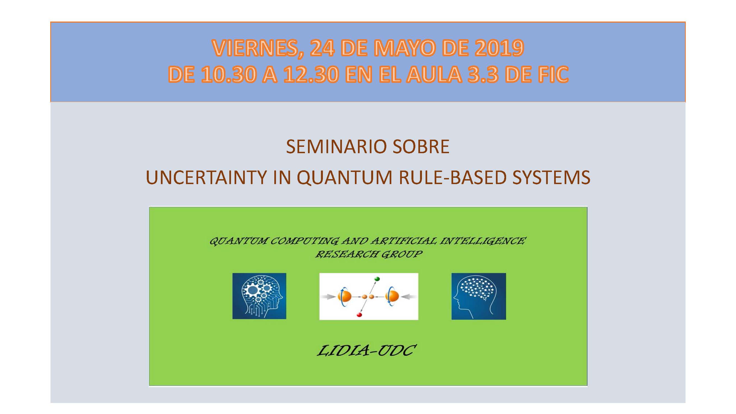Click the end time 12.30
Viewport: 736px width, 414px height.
tap(311, 75)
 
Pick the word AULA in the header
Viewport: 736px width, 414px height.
tap(434, 75)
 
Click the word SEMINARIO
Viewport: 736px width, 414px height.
tap(336, 147)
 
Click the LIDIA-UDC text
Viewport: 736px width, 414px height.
tap(366, 351)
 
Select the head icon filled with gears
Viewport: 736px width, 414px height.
tap(259, 296)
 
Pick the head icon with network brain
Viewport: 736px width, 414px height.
tap(479, 296)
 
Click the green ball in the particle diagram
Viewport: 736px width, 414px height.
tap(377, 278)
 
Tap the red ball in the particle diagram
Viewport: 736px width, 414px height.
tap(359, 315)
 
